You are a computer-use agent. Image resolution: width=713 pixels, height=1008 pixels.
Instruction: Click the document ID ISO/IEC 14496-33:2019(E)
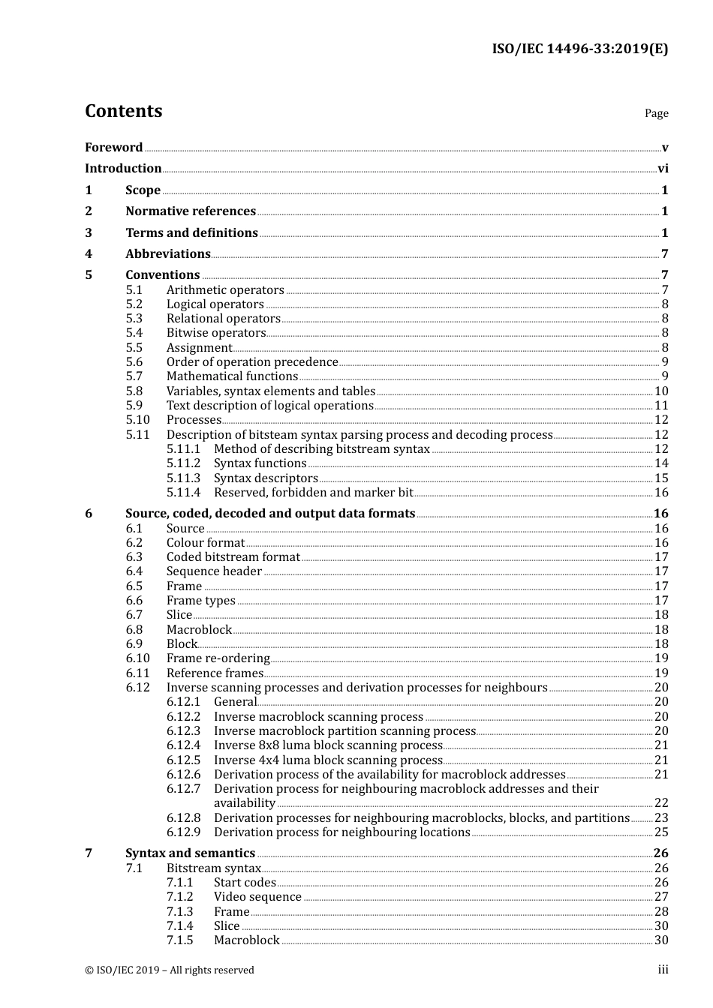click(x=579, y=49)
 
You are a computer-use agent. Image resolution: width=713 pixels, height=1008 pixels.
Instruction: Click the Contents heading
click(x=123, y=111)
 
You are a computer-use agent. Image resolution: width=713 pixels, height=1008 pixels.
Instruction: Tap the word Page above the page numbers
click(x=656, y=113)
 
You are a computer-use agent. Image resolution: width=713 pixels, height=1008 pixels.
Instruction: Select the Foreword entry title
click(x=113, y=148)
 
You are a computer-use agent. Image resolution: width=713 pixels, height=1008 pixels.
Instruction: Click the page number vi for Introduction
click(x=663, y=169)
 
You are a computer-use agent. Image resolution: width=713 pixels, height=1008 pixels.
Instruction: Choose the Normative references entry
click(x=191, y=211)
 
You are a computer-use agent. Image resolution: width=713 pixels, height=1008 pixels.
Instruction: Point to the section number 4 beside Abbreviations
click(x=89, y=254)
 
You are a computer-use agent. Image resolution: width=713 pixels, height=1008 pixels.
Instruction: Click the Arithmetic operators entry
click(x=225, y=290)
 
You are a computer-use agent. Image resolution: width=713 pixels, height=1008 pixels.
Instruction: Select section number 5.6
click(x=134, y=362)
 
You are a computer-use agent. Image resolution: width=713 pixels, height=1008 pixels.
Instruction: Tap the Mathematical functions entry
click(x=232, y=376)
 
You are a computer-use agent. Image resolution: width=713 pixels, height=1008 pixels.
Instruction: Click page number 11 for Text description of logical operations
click(x=661, y=406)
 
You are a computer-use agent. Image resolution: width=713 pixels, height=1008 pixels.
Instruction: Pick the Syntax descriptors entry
click(x=266, y=478)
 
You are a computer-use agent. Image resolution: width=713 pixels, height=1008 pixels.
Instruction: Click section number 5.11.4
click(x=183, y=493)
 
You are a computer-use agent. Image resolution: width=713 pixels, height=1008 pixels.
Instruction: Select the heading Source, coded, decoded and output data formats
click(x=270, y=514)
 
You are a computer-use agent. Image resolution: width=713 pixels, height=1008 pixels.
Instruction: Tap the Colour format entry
click(x=206, y=543)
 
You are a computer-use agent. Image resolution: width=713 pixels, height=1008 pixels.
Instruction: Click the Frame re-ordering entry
click(x=218, y=658)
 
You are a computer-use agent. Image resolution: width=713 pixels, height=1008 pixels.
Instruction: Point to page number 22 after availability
click(x=661, y=803)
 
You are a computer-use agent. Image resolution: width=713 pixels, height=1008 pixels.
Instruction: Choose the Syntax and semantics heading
click(x=190, y=853)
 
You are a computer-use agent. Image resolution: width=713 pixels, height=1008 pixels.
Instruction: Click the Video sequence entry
click(x=257, y=897)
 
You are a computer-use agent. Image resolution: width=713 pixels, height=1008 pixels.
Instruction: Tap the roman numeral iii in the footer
click(x=663, y=970)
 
